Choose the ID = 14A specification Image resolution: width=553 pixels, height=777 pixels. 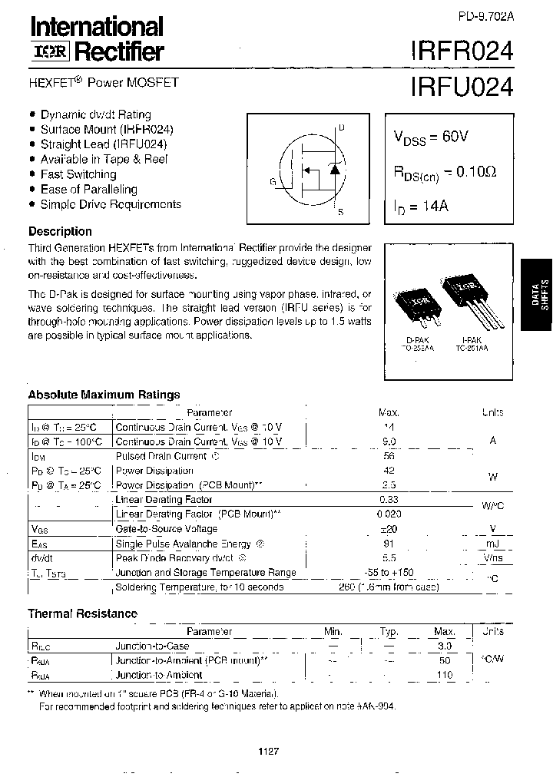click(420, 207)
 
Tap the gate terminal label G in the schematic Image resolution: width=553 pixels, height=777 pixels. click(273, 182)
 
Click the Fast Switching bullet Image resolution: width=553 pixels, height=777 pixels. click(78, 174)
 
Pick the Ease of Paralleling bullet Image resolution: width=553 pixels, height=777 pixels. click(88, 189)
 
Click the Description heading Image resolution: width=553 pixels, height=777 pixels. click(60, 231)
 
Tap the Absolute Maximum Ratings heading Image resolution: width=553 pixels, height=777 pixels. click(104, 395)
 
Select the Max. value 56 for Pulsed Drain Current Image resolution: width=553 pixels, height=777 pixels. click(388, 456)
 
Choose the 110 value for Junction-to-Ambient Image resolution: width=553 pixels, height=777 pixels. click(444, 676)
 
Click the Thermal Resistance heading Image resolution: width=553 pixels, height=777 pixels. click(82, 613)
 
